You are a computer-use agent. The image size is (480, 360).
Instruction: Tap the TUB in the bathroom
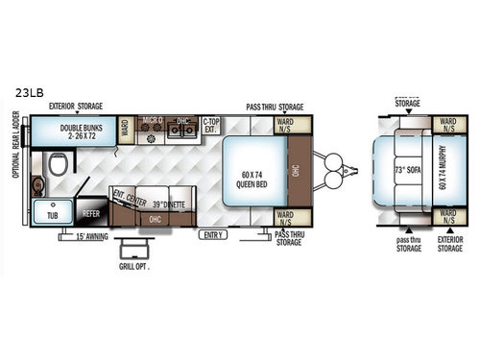[50, 216]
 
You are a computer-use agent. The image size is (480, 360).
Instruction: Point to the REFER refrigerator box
[91, 216]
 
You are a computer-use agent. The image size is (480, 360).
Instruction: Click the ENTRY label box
[212, 234]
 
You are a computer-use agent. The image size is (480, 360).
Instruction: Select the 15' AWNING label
[95, 235]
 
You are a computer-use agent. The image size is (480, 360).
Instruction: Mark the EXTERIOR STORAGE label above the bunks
[78, 107]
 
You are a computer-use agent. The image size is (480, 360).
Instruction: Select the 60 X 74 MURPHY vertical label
[442, 172]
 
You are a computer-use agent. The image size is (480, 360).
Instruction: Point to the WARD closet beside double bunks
[126, 129]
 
